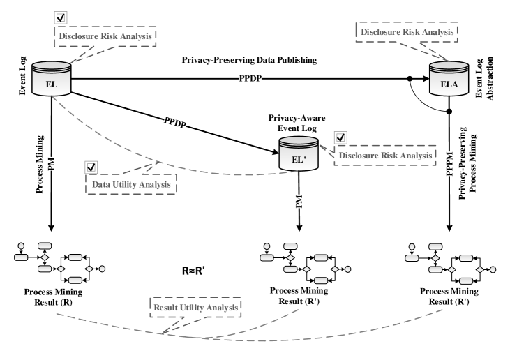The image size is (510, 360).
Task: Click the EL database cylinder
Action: point(51,79)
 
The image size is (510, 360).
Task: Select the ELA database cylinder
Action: point(449,79)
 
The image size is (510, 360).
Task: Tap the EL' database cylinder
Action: point(298,153)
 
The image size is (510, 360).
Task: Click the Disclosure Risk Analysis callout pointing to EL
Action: point(105,36)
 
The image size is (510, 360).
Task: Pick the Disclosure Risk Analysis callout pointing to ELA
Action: point(407,31)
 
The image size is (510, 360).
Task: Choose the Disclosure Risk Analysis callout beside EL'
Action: point(384,156)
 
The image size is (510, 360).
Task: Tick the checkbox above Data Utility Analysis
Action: point(91,167)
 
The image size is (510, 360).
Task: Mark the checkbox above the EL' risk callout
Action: point(340,137)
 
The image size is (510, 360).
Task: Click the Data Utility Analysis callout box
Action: point(130,185)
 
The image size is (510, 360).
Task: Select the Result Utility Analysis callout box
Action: point(196,307)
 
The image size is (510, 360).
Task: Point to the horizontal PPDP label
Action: point(250,79)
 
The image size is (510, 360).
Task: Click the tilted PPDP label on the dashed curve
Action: point(175,122)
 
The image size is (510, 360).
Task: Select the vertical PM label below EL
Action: point(51,164)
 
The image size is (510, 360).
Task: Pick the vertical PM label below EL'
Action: point(299,202)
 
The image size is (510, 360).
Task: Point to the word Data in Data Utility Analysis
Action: point(102,185)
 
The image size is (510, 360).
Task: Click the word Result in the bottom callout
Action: point(166,307)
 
